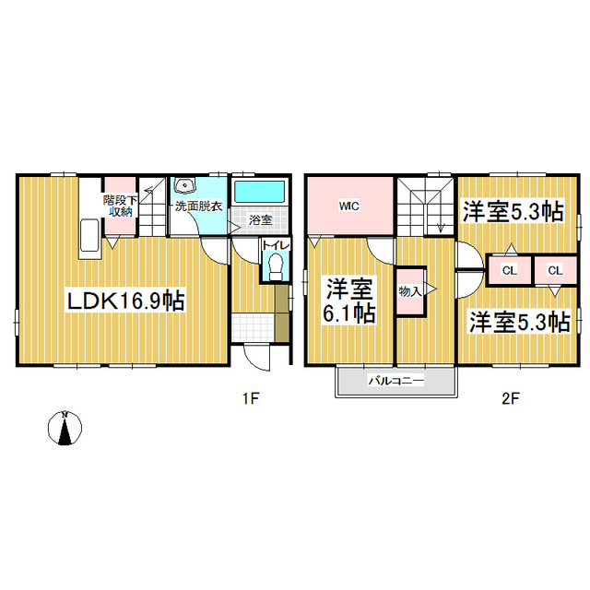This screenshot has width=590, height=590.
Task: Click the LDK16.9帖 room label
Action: (x=125, y=301)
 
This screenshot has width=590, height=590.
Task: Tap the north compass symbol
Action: (x=65, y=428)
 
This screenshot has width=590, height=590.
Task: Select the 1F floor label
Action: (x=251, y=398)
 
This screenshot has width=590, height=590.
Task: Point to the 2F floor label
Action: (x=510, y=398)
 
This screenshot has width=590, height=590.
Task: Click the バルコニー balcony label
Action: (x=395, y=381)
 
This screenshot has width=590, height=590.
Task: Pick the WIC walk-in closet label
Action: (x=348, y=206)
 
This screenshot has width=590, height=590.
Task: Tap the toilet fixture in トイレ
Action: (x=276, y=266)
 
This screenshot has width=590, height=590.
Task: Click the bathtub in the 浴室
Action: (x=260, y=191)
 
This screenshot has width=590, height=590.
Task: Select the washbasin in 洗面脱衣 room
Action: (x=184, y=184)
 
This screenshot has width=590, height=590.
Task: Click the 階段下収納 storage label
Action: (x=121, y=206)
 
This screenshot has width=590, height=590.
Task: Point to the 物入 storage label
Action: (x=409, y=291)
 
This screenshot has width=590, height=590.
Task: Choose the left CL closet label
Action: (x=510, y=270)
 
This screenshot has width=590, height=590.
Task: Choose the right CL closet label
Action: (x=555, y=270)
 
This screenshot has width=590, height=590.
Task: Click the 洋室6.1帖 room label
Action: (x=349, y=301)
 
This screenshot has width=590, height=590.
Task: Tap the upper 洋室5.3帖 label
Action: (x=513, y=212)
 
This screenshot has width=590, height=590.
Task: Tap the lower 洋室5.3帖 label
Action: (x=519, y=322)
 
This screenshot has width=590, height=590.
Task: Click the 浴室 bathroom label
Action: (x=260, y=219)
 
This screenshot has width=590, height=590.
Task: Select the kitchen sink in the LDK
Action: (x=89, y=236)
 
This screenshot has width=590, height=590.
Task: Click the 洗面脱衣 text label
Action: (x=199, y=206)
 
